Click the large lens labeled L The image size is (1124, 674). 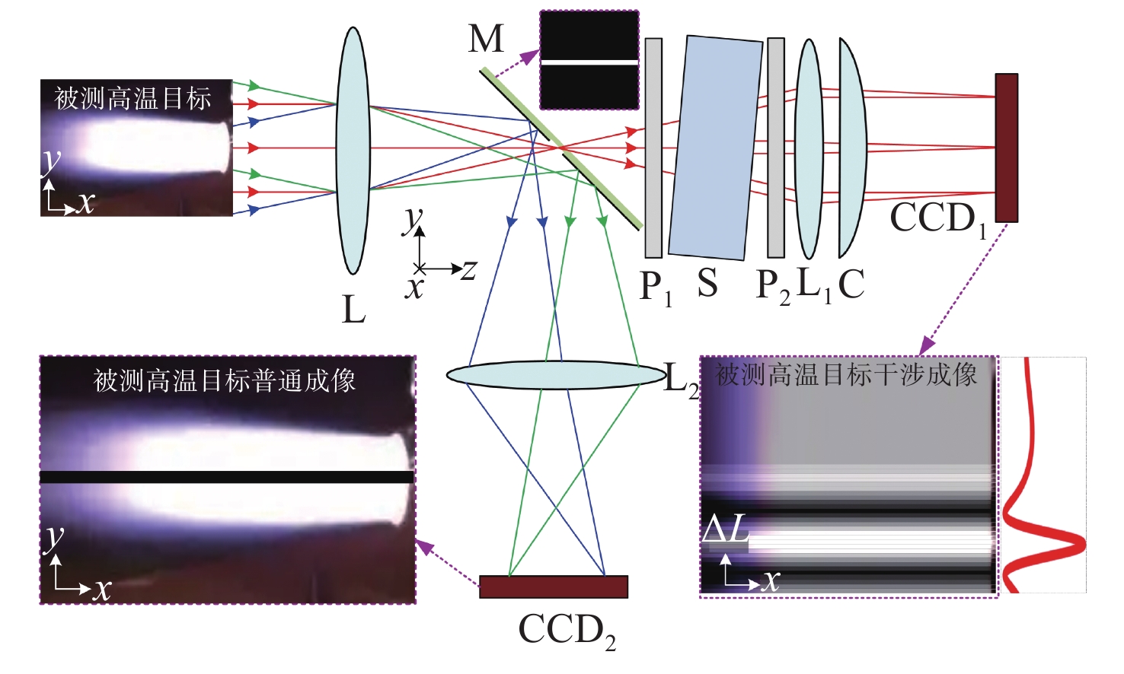tap(353, 151)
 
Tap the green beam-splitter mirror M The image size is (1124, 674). tap(561, 149)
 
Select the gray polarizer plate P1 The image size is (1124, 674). tap(653, 148)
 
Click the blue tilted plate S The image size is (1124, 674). tap(715, 148)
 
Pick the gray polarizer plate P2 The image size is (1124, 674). tap(776, 148)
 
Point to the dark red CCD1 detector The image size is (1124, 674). tap(1006, 148)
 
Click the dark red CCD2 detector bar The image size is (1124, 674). tap(554, 587)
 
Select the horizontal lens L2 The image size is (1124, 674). tap(555, 375)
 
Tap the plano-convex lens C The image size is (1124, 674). tap(851, 148)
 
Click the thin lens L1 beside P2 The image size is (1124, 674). tap(809, 149)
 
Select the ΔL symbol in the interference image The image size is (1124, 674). tap(726, 529)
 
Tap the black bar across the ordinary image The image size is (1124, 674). tap(227, 477)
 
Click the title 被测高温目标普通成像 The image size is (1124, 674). tap(225, 380)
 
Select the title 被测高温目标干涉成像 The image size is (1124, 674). tap(846, 374)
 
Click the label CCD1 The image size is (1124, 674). tap(937, 219)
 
